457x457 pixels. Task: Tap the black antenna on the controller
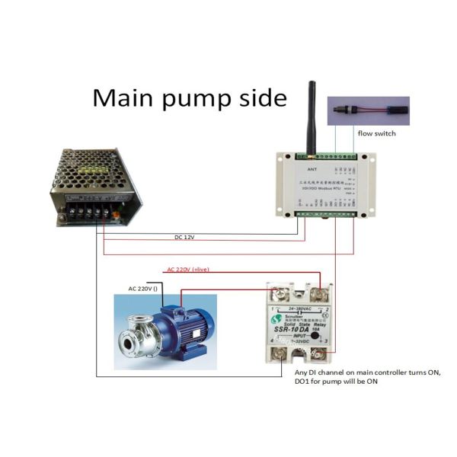(x=312, y=114)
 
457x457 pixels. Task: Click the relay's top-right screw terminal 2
(x=321, y=291)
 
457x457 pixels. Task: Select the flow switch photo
(x=366, y=110)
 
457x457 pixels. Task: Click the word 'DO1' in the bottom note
(x=305, y=382)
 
